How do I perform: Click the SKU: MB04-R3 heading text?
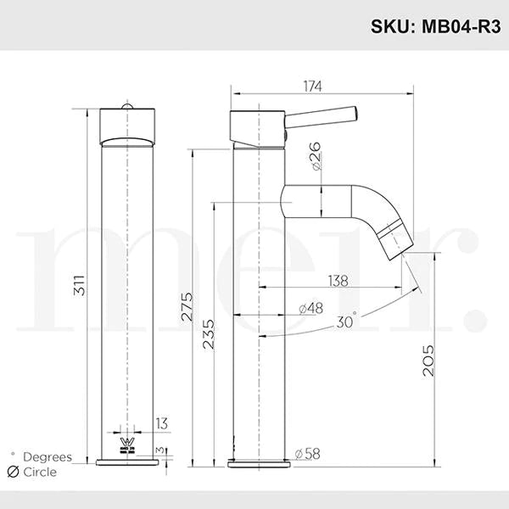pyautogui.click(x=436, y=26)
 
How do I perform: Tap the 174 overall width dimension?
pyautogui.click(x=312, y=87)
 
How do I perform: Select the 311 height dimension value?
pyautogui.click(x=79, y=285)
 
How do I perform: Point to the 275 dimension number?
pyautogui.click(x=187, y=307)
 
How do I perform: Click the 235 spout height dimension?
pyautogui.click(x=209, y=334)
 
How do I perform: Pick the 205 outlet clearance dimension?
pyautogui.click(x=428, y=361)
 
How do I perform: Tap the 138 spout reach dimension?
pyautogui.click(x=338, y=281)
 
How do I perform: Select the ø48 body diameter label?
pyautogui.click(x=311, y=308)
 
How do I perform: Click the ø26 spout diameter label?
pyautogui.click(x=316, y=156)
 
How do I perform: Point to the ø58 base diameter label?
pyautogui.click(x=307, y=454)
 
